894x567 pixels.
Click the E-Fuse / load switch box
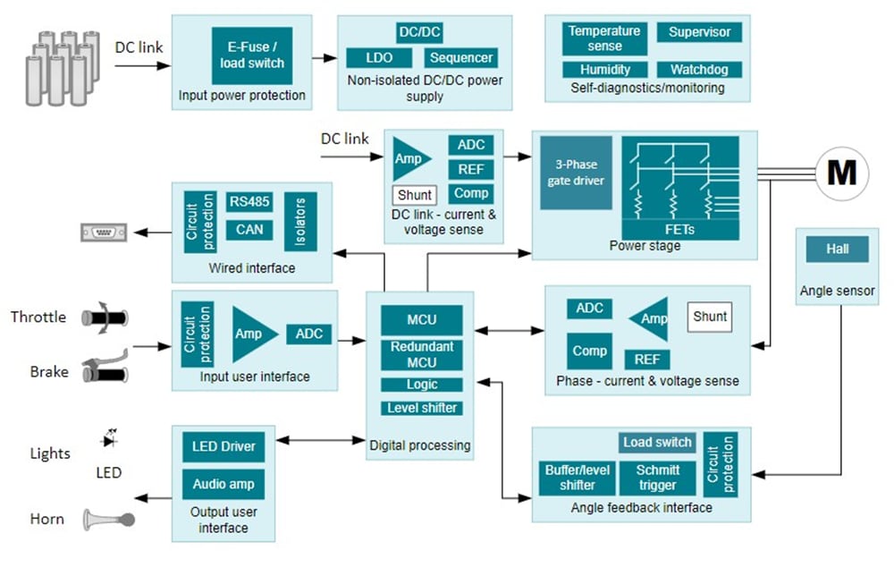click(x=252, y=55)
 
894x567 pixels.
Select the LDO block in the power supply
click(x=379, y=58)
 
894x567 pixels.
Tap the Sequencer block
click(x=460, y=58)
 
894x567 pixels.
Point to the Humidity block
click(x=605, y=69)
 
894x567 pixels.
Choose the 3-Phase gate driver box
click(x=576, y=173)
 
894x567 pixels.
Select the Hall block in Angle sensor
click(x=837, y=250)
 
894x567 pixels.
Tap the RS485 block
click(x=249, y=201)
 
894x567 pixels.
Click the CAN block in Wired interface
click(x=249, y=230)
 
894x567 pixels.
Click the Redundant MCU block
click(x=421, y=354)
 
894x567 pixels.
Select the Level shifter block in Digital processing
click(x=421, y=408)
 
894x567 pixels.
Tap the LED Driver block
click(x=223, y=446)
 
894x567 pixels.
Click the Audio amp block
click(x=223, y=484)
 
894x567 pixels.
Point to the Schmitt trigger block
click(x=657, y=478)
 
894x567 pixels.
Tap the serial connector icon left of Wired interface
click(x=103, y=233)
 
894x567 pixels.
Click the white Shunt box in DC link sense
click(x=415, y=195)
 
